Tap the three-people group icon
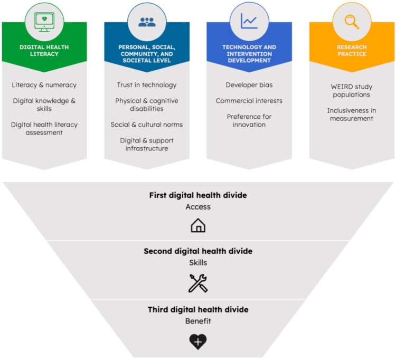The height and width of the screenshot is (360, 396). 147,22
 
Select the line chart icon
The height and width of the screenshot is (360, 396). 249,22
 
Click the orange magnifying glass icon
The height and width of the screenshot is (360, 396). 351,22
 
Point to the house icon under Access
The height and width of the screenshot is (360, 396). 198,225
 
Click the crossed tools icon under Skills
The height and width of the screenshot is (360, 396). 198,283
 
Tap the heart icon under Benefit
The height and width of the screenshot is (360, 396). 198,342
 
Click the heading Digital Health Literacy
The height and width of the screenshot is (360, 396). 44,50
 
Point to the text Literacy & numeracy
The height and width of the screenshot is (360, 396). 44,85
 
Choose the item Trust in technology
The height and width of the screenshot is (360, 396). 147,85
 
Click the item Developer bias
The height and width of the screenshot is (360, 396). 249,85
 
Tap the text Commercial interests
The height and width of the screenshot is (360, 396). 249,101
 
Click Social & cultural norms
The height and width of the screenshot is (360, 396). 147,125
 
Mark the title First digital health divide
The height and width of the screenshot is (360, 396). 198,195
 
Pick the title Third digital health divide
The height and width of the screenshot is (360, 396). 198,310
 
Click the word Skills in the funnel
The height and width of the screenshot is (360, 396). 198,262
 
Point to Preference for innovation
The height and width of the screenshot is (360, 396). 249,120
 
